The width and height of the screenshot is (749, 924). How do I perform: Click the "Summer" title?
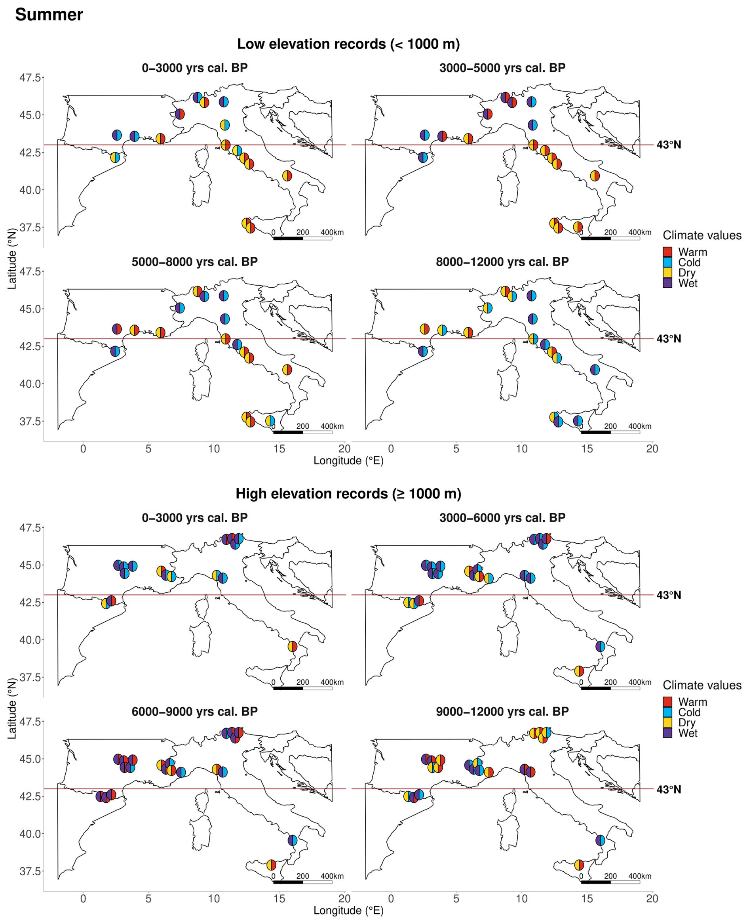tap(49, 15)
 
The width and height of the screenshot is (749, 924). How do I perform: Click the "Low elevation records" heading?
tap(348, 44)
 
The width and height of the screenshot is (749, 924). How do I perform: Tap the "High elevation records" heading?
tap(348, 494)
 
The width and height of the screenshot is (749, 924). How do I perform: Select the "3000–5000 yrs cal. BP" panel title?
tap(502, 68)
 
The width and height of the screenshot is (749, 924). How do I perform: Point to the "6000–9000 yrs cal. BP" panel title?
tap(195, 712)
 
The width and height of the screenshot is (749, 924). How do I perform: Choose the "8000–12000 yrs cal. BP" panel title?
tap(502, 262)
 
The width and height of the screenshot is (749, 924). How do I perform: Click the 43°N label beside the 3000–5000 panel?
tap(668, 145)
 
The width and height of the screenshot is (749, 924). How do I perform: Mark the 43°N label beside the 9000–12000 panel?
tap(668, 790)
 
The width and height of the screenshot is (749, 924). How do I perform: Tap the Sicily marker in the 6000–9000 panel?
tap(271, 865)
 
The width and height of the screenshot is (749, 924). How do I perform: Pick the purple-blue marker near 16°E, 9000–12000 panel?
tap(600, 840)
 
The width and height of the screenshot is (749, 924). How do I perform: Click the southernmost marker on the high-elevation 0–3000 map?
tap(293, 646)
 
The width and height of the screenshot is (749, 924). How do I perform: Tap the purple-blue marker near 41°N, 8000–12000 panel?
tap(595, 370)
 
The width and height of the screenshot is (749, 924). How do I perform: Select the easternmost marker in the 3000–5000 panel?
tap(595, 176)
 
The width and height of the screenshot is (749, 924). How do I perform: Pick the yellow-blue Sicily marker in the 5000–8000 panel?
tap(270, 420)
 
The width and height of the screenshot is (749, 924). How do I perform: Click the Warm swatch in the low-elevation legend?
tap(667, 252)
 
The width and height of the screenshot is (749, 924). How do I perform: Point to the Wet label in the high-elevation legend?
tap(688, 733)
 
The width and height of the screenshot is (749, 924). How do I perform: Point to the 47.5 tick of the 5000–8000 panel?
tap(30, 271)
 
